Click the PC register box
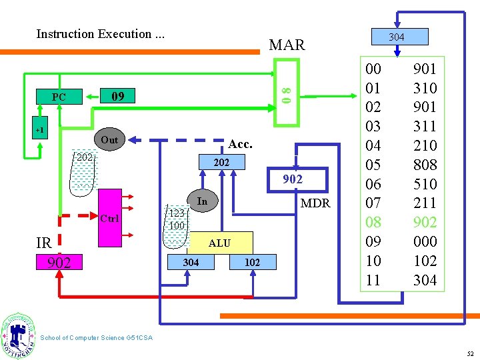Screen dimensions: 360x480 click(59, 97)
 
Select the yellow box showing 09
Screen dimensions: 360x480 click(118, 96)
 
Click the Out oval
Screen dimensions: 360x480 click(109, 140)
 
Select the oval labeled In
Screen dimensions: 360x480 click(203, 201)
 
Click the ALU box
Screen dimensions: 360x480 click(219, 243)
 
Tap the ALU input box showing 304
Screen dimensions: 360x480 click(191, 263)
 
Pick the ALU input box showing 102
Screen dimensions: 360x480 click(252, 263)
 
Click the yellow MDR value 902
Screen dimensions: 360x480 click(292, 179)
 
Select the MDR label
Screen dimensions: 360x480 click(315, 203)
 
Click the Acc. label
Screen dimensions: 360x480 click(240, 144)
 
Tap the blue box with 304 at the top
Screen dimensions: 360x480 click(396, 37)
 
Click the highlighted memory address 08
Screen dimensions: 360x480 click(373, 222)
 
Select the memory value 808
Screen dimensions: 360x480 click(425, 165)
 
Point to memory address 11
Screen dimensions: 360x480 click(373, 280)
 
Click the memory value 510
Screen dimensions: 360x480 click(425, 184)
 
